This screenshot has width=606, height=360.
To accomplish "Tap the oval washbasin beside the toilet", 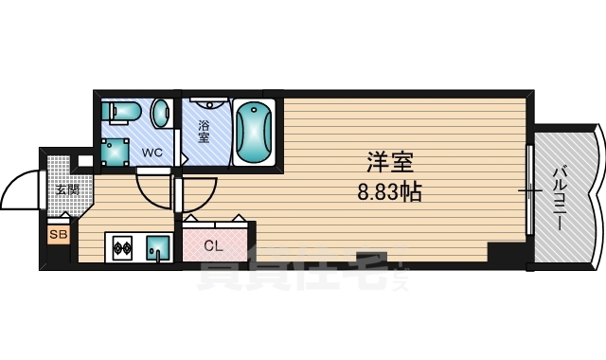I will click(x=162, y=113).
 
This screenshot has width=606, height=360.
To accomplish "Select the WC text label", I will click(x=151, y=152).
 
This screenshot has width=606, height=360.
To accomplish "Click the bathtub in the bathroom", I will click(x=253, y=132).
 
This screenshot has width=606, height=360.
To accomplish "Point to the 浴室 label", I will click(x=203, y=132).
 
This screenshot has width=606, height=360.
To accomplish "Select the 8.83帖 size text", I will click(x=389, y=192).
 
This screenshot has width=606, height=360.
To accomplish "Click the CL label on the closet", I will click(x=214, y=246).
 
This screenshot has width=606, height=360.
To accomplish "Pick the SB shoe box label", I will click(x=57, y=232).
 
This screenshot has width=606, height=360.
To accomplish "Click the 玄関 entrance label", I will click(x=66, y=189).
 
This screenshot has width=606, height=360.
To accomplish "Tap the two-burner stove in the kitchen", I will click(x=122, y=250).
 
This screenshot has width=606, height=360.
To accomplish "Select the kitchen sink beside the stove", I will click(x=157, y=249).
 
